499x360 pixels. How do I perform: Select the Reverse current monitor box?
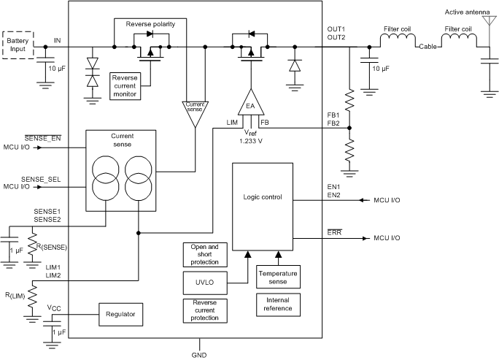[124, 85]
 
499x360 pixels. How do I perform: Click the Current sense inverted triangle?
[195, 111]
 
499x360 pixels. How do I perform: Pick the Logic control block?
[262, 197]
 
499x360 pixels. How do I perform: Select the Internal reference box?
[277, 304]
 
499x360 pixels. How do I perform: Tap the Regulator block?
[120, 315]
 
